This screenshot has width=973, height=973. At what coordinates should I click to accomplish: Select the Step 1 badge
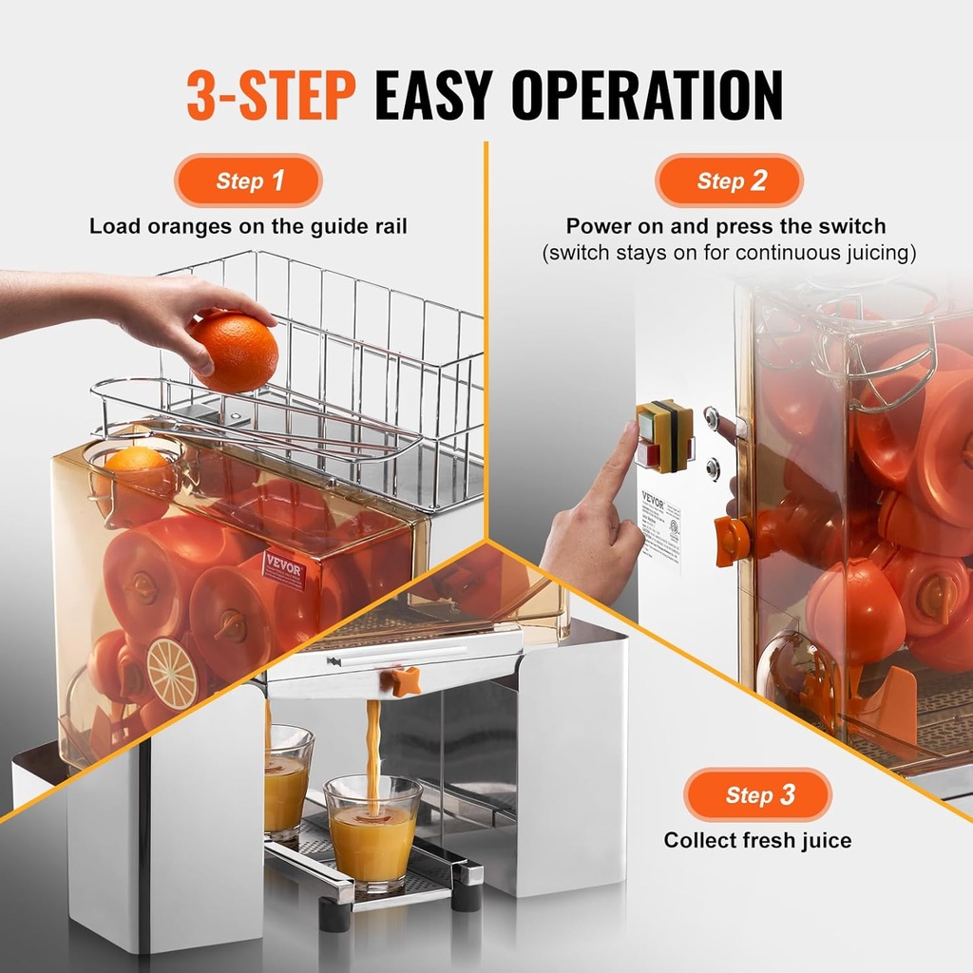[x=248, y=181]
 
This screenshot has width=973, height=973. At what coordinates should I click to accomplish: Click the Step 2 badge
[x=729, y=181]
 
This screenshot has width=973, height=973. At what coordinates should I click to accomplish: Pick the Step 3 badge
[x=757, y=794]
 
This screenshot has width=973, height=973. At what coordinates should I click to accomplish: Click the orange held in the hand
[x=234, y=352]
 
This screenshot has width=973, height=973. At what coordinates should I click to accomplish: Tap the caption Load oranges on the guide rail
[x=248, y=226]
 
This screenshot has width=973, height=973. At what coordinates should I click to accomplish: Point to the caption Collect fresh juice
[x=757, y=840]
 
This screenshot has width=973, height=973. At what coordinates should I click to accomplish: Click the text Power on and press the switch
[x=726, y=226]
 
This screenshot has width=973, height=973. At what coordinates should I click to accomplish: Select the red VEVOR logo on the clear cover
[x=284, y=568]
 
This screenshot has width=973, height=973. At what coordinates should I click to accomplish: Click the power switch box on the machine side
[x=664, y=436]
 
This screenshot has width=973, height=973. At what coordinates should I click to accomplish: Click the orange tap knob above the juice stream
[x=405, y=679]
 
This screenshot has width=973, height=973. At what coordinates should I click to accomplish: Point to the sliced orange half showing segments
[x=173, y=673]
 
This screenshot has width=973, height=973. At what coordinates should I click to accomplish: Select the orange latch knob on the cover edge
[x=732, y=541]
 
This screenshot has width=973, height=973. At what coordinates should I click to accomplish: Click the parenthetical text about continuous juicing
[x=729, y=253]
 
